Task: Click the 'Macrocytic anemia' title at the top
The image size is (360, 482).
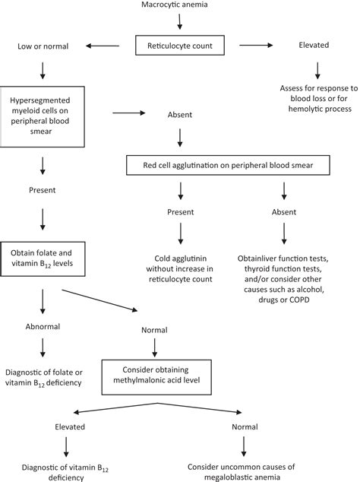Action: coord(175,5)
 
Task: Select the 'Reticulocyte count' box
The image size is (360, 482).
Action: coord(180,46)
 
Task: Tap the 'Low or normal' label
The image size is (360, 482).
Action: coord(43,46)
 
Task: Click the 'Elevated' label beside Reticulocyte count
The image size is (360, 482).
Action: coord(314,45)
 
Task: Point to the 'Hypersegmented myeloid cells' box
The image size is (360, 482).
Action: coord(42,116)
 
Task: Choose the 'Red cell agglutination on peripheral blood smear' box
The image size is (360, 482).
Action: coord(228,165)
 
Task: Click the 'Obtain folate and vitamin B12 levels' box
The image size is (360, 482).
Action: coord(43,258)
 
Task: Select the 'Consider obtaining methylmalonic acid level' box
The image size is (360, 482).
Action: coord(156,377)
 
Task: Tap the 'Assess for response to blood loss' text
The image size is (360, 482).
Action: coord(319,98)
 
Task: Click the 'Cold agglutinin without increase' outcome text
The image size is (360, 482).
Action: coord(180,268)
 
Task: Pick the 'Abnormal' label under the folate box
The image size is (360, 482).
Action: coord(43,326)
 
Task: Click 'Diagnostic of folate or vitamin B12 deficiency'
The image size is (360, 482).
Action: coord(43,378)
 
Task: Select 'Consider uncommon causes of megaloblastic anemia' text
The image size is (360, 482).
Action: coord(242,472)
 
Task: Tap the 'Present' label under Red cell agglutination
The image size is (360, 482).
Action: coord(181,212)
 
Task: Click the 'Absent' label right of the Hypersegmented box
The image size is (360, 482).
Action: coord(180,115)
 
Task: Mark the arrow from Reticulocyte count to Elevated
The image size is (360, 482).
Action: coord(256,45)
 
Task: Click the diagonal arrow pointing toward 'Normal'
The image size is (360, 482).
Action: coord(99,300)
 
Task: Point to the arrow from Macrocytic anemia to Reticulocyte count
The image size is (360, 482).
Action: coord(180,21)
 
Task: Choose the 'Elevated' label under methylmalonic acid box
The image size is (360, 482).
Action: coord(70,427)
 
